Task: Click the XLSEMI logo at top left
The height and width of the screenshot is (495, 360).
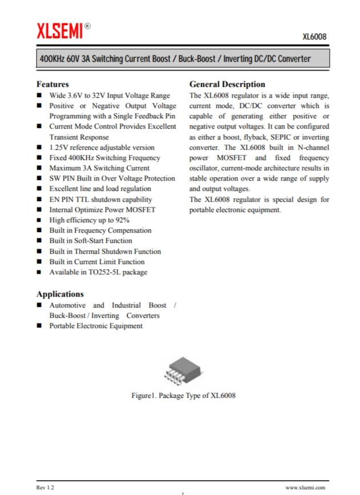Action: (x=59, y=31)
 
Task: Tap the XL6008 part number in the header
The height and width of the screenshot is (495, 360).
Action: (x=314, y=37)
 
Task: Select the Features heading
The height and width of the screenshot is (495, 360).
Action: (x=53, y=84)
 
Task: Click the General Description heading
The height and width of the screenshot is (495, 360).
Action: (x=227, y=84)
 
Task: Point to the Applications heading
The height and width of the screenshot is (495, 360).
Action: (x=60, y=294)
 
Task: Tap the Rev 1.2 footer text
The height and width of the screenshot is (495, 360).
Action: (x=45, y=487)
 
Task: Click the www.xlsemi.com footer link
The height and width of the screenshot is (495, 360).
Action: (x=305, y=487)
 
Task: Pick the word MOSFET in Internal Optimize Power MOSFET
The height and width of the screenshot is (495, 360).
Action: (x=141, y=210)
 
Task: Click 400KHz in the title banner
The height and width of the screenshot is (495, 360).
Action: (x=53, y=59)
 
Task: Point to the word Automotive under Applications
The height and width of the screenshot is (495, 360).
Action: (x=67, y=305)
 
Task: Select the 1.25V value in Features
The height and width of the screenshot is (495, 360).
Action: (x=59, y=147)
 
